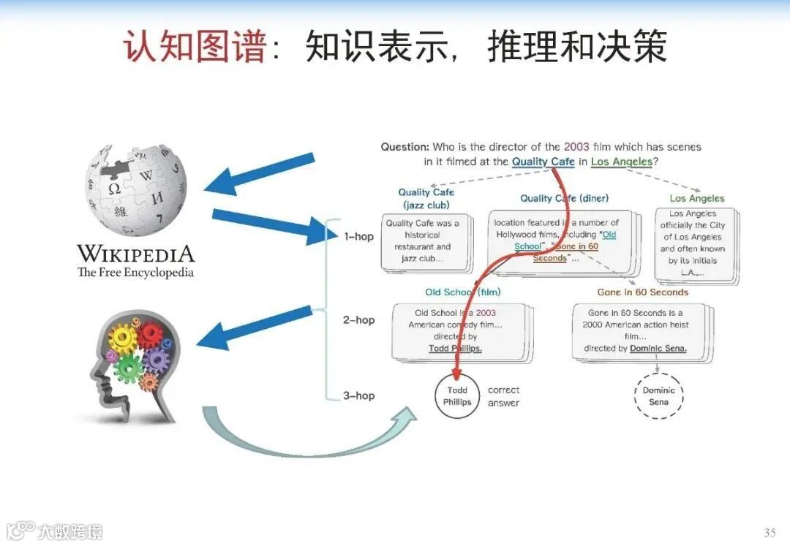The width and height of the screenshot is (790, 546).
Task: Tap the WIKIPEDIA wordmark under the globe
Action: (x=136, y=254)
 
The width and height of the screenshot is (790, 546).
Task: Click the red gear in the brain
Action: (x=151, y=335)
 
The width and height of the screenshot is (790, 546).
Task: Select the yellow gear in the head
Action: (x=123, y=338)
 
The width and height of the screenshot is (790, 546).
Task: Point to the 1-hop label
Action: (x=358, y=236)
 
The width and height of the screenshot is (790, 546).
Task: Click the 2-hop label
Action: (x=358, y=319)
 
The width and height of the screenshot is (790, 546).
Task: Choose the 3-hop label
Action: (x=358, y=395)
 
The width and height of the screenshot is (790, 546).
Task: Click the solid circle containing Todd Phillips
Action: (x=457, y=396)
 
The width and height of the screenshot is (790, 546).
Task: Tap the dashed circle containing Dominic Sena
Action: (x=658, y=396)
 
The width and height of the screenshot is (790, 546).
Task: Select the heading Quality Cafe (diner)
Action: (x=564, y=198)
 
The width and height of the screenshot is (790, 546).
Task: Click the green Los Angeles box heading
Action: (x=696, y=198)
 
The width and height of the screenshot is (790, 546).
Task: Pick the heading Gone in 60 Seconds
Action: (x=642, y=292)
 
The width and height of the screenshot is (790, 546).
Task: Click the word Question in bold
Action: (x=405, y=147)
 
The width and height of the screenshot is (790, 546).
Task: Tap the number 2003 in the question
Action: (x=576, y=147)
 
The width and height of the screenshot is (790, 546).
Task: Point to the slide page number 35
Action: (x=769, y=531)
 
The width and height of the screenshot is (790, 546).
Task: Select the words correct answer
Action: (x=503, y=396)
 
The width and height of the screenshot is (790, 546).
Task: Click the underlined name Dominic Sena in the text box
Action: (x=658, y=349)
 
